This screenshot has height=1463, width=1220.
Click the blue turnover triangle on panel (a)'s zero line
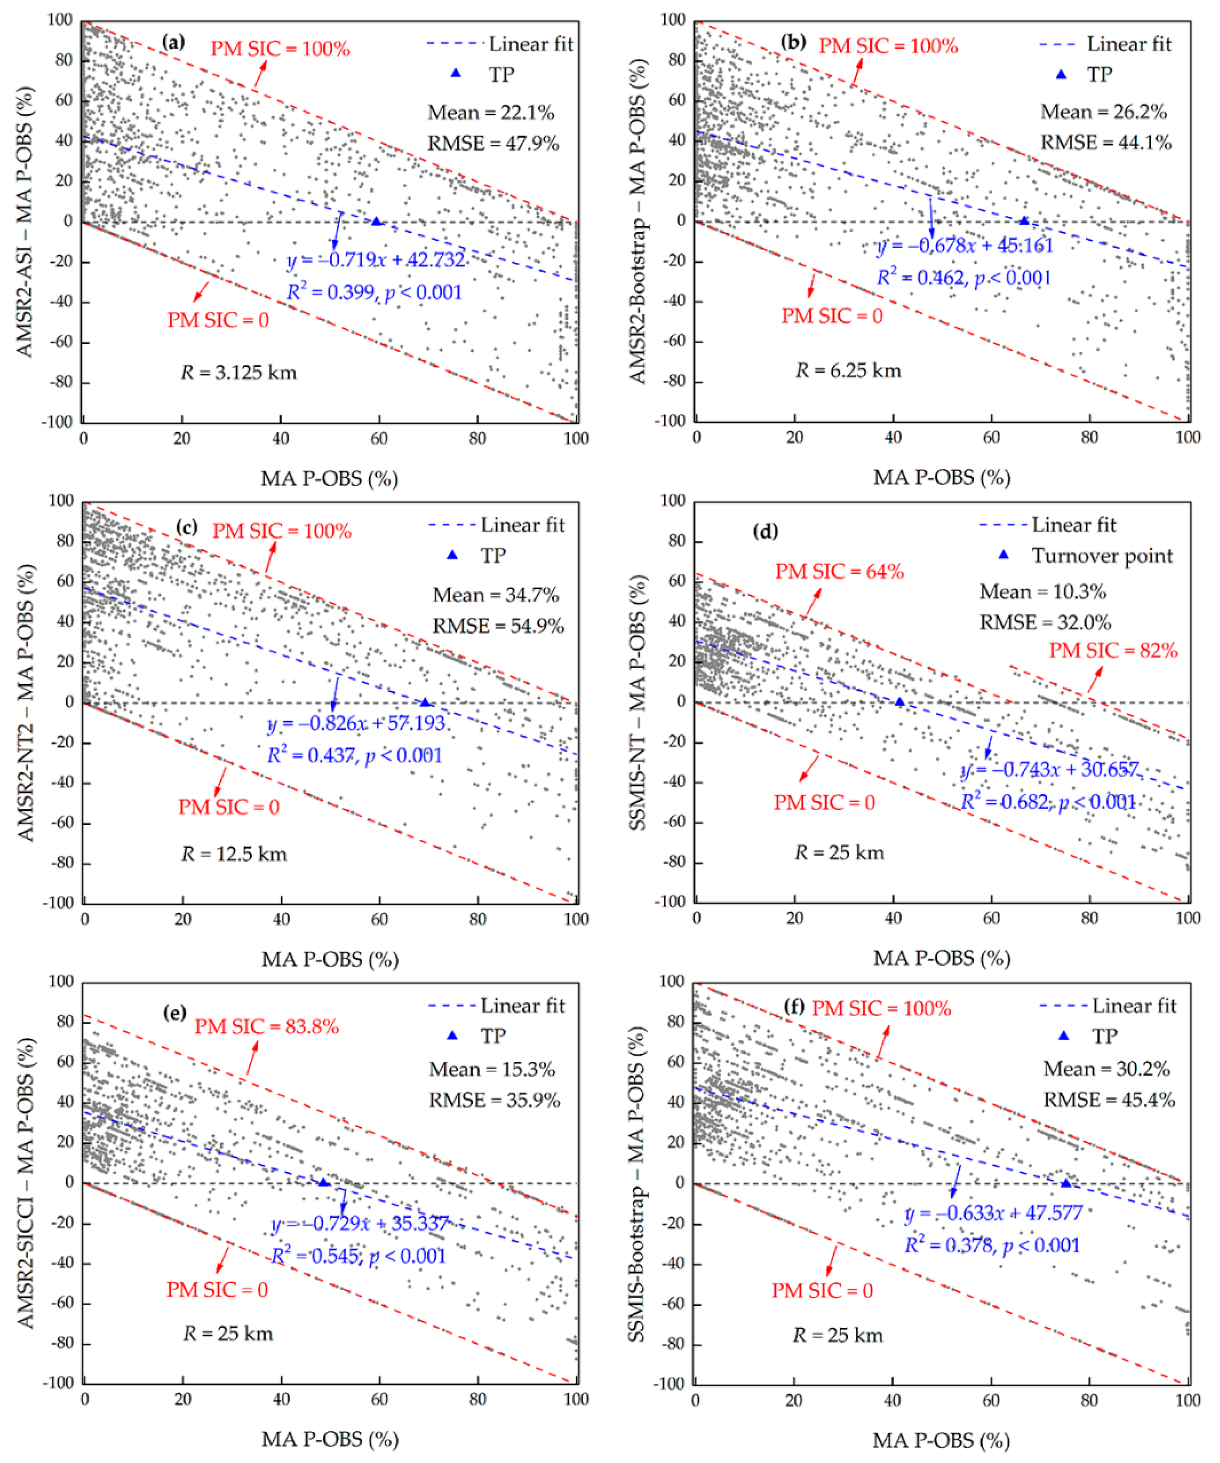click(377, 222)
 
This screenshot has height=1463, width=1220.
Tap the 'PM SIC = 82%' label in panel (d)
click(1113, 650)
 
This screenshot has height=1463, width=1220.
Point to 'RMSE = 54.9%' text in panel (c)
click(498, 626)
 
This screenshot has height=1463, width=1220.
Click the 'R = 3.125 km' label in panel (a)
click(239, 373)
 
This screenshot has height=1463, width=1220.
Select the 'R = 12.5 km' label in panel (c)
click(234, 854)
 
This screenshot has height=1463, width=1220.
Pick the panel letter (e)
click(174, 1011)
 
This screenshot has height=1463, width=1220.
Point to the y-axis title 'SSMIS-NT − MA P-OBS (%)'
click(637, 702)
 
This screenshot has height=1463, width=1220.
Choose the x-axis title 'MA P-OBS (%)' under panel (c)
click(330, 959)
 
